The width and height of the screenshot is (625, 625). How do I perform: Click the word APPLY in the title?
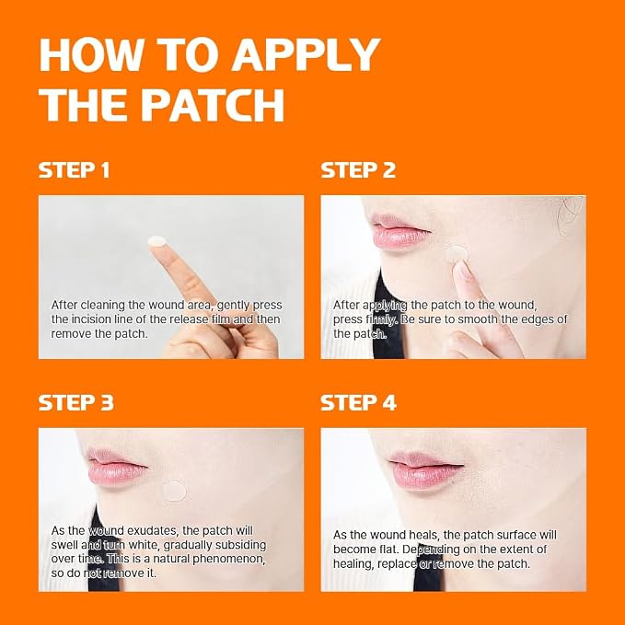(307, 54)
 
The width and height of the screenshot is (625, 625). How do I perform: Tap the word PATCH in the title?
(214, 105)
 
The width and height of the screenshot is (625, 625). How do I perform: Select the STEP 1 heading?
(74, 170)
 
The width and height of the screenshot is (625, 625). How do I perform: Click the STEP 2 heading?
(358, 170)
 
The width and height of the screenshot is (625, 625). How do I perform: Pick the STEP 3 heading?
(76, 402)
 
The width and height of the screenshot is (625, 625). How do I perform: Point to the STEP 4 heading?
(358, 402)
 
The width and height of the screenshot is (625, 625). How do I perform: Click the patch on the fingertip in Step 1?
(157, 241)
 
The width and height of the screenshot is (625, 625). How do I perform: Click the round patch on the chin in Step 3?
(175, 491)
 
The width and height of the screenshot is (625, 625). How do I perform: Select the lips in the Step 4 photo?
(425, 469)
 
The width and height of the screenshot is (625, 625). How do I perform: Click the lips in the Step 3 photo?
(116, 467)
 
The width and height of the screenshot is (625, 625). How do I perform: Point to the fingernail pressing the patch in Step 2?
(463, 271)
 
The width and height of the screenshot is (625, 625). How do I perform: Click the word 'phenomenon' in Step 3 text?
(228, 560)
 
